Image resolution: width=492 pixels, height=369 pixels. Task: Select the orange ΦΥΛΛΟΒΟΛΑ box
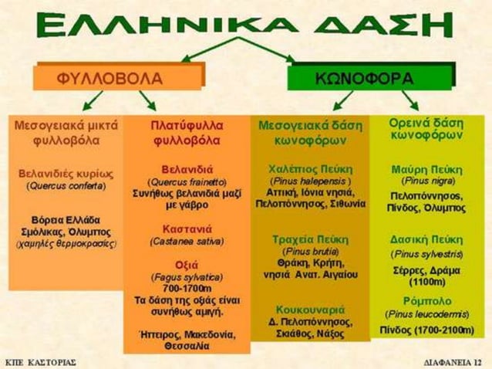pos(117,78)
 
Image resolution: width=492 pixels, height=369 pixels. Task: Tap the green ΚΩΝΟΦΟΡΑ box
pos(365,78)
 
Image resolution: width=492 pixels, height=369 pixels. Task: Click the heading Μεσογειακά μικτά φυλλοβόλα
pos(63,132)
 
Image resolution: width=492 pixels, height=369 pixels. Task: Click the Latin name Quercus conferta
pos(63,186)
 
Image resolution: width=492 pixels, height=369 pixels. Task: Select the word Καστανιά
pos(187,229)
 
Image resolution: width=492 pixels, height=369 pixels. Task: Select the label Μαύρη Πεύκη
pos(426,169)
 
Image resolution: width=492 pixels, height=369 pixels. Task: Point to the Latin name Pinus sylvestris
pos(426,253)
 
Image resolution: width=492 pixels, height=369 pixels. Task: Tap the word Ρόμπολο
pos(426,302)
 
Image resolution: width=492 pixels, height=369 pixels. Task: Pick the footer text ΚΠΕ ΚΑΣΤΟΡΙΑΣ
pos(39,361)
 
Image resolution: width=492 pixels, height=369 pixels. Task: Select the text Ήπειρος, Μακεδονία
pos(187,334)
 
